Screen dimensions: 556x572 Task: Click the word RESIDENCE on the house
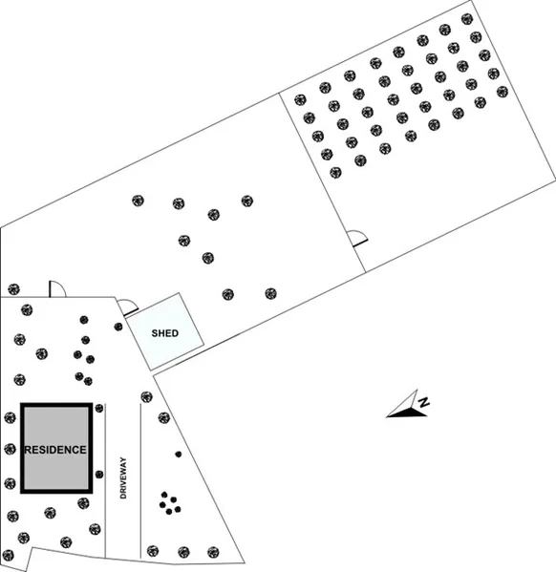tap(55, 450)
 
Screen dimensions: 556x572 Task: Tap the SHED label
tap(165, 333)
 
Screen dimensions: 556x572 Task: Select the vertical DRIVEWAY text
tap(123, 477)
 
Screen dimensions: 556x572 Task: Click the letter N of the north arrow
tap(423, 402)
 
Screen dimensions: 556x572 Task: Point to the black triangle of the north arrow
tap(407, 413)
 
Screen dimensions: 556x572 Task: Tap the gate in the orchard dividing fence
tap(357, 239)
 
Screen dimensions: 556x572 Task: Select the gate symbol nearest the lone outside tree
tap(57, 288)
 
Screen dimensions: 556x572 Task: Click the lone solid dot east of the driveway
tap(179, 455)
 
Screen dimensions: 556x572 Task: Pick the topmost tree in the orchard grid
tap(467, 19)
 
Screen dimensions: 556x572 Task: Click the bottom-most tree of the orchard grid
tap(335, 172)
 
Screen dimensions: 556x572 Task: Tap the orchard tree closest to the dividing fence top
tap(300, 99)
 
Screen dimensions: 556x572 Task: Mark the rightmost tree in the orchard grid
tap(503, 92)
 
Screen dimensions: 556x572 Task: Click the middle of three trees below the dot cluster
tap(183, 552)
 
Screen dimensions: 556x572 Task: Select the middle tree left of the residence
tap(10, 449)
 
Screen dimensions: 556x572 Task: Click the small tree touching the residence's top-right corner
tap(99, 408)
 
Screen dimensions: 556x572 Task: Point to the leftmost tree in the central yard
tap(138, 201)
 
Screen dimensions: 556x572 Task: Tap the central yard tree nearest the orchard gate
tap(270, 293)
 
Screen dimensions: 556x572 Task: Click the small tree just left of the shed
tap(118, 327)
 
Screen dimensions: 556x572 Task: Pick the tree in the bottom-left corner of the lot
tap(8, 555)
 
